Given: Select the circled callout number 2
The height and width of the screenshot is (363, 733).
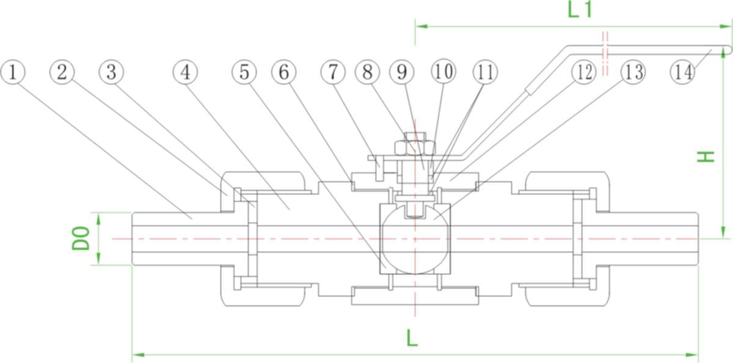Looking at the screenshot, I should tap(62, 72).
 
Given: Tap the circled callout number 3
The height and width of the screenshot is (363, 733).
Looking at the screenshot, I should tap(111, 72).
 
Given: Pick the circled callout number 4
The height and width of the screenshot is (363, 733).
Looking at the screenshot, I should tap(186, 72).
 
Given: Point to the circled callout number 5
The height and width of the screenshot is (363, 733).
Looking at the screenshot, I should tap(244, 72).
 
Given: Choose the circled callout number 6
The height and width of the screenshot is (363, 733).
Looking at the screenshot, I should tap(283, 72).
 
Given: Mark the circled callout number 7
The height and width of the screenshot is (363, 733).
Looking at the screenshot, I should tap(333, 72).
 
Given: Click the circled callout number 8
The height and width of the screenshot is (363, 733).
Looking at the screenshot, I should tap(367, 72).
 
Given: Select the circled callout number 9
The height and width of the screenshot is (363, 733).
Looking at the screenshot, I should tap(402, 72).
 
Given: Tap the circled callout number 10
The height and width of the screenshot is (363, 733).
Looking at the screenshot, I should tap(443, 72).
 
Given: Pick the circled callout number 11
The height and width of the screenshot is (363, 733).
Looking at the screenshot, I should tap(485, 72).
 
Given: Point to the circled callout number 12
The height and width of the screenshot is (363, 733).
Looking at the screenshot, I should tap(583, 72).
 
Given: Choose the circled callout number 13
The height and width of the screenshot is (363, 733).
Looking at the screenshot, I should tap(632, 72).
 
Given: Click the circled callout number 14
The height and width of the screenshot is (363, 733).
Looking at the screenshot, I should tap(682, 72).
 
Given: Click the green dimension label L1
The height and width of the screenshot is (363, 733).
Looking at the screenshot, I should tap(580, 10).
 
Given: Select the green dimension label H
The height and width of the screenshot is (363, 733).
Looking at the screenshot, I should tap(707, 156).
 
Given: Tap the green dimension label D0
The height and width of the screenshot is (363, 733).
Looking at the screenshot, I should tap(81, 238).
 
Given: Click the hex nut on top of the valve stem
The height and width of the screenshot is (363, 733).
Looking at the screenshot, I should tap(415, 147).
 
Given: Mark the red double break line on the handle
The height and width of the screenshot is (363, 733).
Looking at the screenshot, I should tap(605, 53).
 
